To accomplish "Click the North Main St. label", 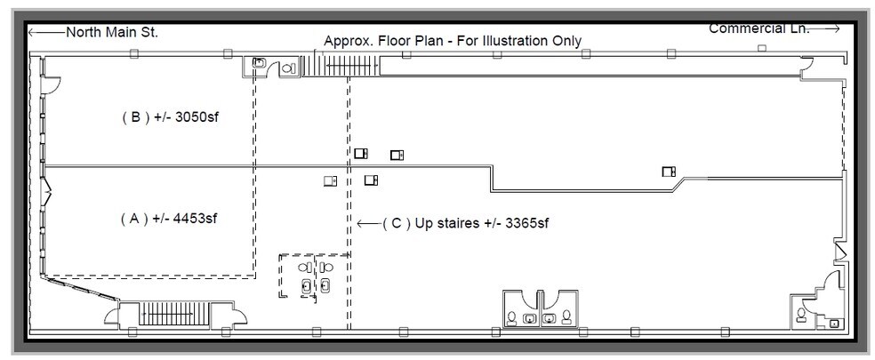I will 112,33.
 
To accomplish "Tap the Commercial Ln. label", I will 759,28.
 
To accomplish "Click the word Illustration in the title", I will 509,41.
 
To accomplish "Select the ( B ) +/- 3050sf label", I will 169,117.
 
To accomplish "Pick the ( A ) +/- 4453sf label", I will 168,219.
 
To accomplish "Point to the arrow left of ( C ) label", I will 366,223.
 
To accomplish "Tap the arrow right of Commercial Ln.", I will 826,29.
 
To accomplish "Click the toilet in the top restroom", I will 288,68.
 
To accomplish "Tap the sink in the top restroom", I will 259,63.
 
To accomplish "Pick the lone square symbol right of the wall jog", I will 668,172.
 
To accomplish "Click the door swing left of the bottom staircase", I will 111,315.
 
